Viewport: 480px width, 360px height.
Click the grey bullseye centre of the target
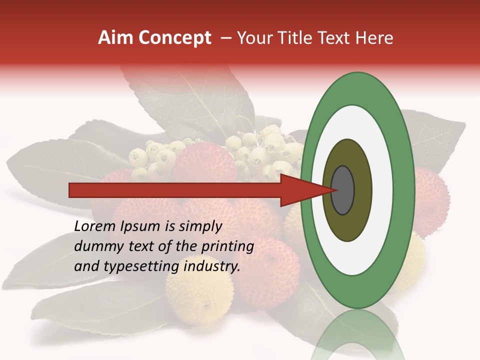coord(343,190)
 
